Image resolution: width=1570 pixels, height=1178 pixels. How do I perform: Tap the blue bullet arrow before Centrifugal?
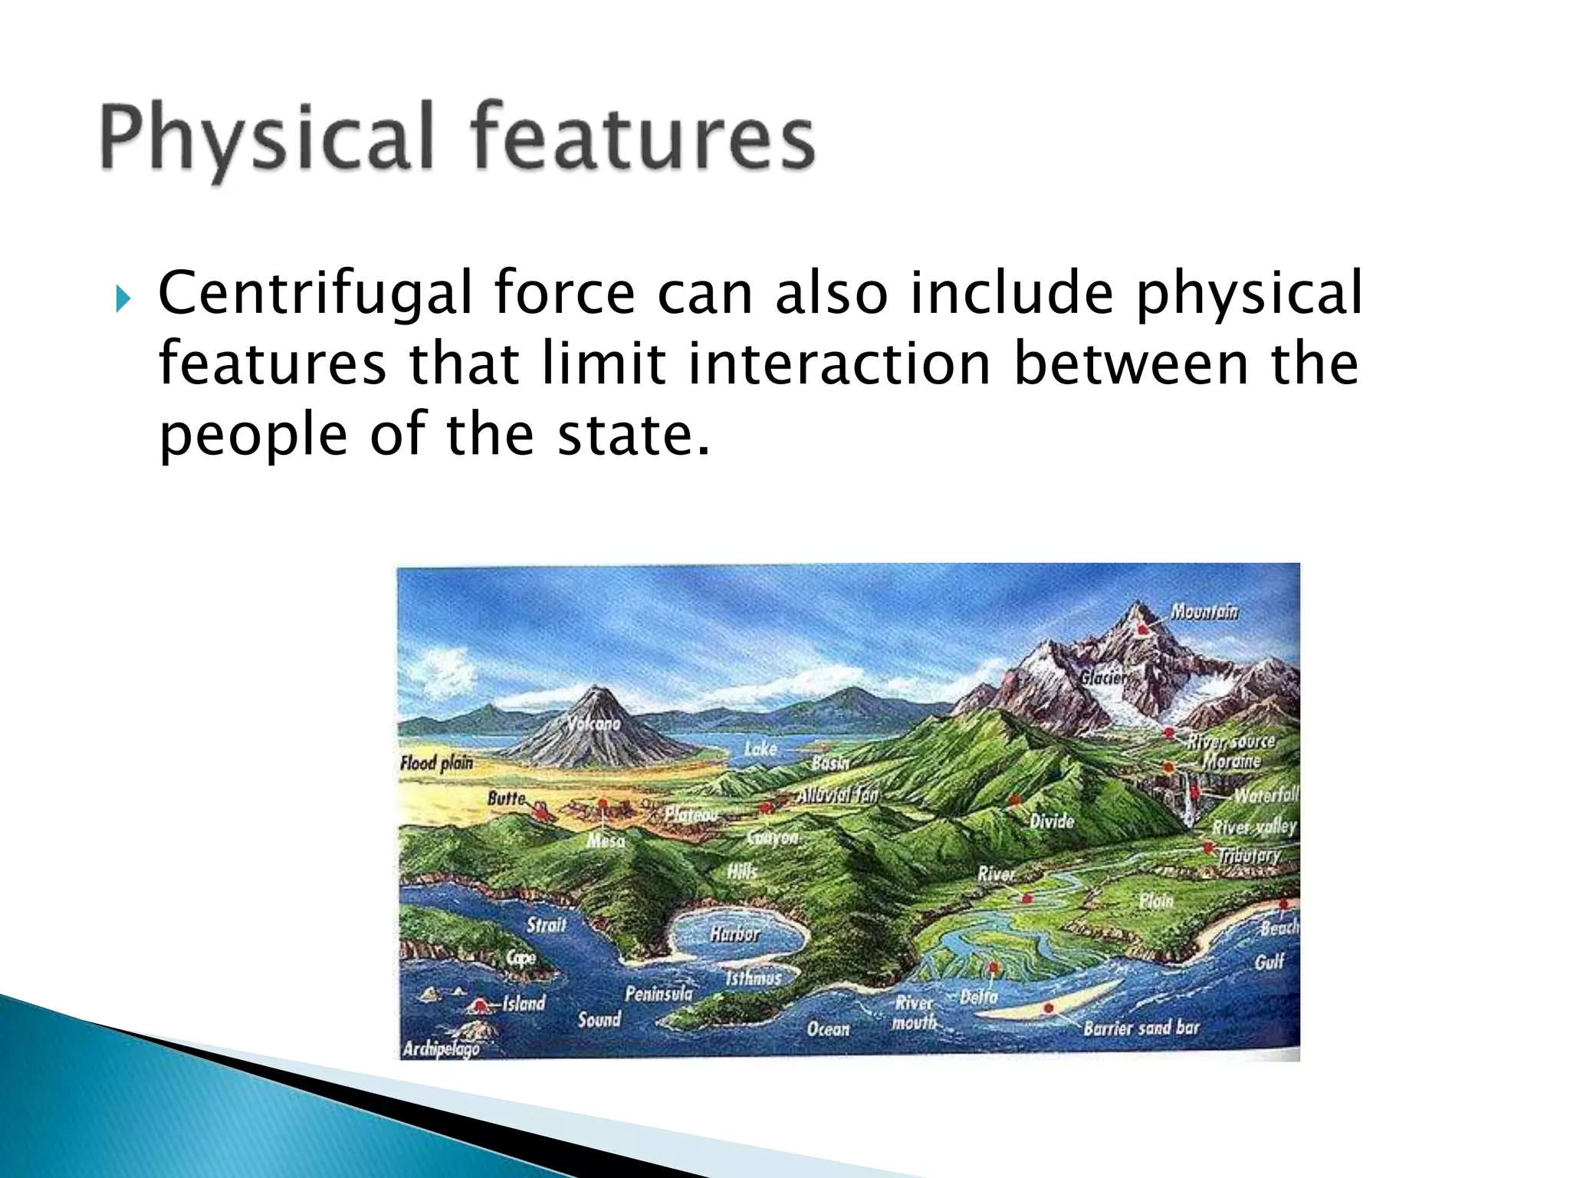coord(123,298)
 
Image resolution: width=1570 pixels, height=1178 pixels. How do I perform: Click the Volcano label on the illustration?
coord(594,723)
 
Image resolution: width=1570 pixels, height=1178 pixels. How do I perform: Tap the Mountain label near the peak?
coord(1204,611)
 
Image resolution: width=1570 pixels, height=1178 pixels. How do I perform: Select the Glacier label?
coord(1104,677)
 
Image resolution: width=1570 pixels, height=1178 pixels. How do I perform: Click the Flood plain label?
coord(436,762)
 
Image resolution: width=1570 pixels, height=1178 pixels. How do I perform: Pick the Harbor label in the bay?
coord(734,933)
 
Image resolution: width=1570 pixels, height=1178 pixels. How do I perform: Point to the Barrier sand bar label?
coord(1141,1028)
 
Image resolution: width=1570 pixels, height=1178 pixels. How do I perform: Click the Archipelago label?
coord(441,1048)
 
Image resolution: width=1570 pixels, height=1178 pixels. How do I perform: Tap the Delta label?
coord(979,997)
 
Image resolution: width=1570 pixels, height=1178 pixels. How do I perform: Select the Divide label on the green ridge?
coord(1051,821)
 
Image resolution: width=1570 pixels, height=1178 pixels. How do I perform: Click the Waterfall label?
coord(1266,795)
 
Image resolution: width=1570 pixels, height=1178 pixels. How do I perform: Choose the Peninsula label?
coord(659,994)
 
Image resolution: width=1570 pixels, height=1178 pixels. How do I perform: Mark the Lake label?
coord(760,749)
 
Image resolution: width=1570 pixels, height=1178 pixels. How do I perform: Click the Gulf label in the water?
coord(1269,962)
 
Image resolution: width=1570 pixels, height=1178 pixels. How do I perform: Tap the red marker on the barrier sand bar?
coord(1049,1008)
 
